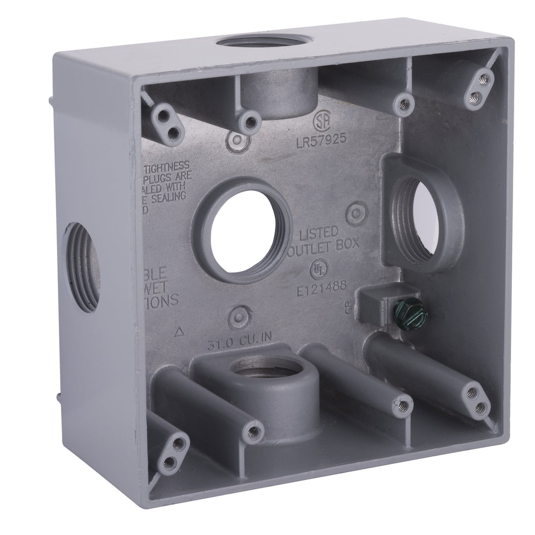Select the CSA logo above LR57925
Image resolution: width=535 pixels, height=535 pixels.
click(x=323, y=120)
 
